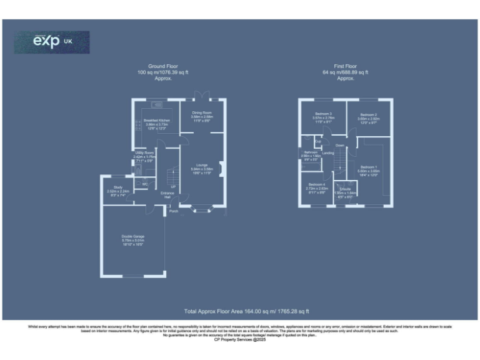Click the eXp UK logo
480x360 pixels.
click(x=52, y=42)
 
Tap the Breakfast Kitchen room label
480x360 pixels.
click(x=157, y=120)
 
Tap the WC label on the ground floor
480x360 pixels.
click(x=144, y=184)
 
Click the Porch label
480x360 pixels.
click(x=174, y=212)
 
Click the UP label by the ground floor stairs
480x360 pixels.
click(x=172, y=186)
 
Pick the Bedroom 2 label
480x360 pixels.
click(x=367, y=115)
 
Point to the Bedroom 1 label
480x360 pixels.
click(x=367, y=167)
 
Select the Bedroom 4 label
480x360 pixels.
click(x=316, y=185)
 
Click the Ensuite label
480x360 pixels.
click(x=344, y=189)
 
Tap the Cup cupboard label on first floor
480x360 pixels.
click(x=318, y=142)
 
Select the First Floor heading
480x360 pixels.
click(x=346, y=66)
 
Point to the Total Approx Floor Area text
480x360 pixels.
click(x=247, y=311)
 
